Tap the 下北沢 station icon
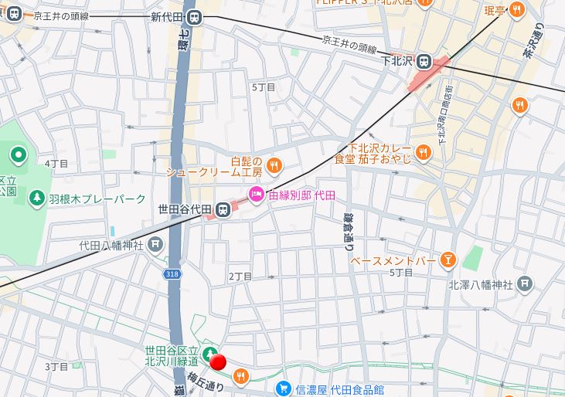424,61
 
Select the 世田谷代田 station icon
223,209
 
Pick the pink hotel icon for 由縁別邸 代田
256,196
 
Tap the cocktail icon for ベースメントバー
447,261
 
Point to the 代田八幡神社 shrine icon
156,245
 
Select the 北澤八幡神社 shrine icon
525,283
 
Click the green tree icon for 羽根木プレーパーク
36,198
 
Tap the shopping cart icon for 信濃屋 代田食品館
284,389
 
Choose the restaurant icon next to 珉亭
516,9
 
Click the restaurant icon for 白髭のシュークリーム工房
275,165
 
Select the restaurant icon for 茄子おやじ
422,152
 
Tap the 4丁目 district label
56,164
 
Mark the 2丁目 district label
240,276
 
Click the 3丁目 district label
56,366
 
